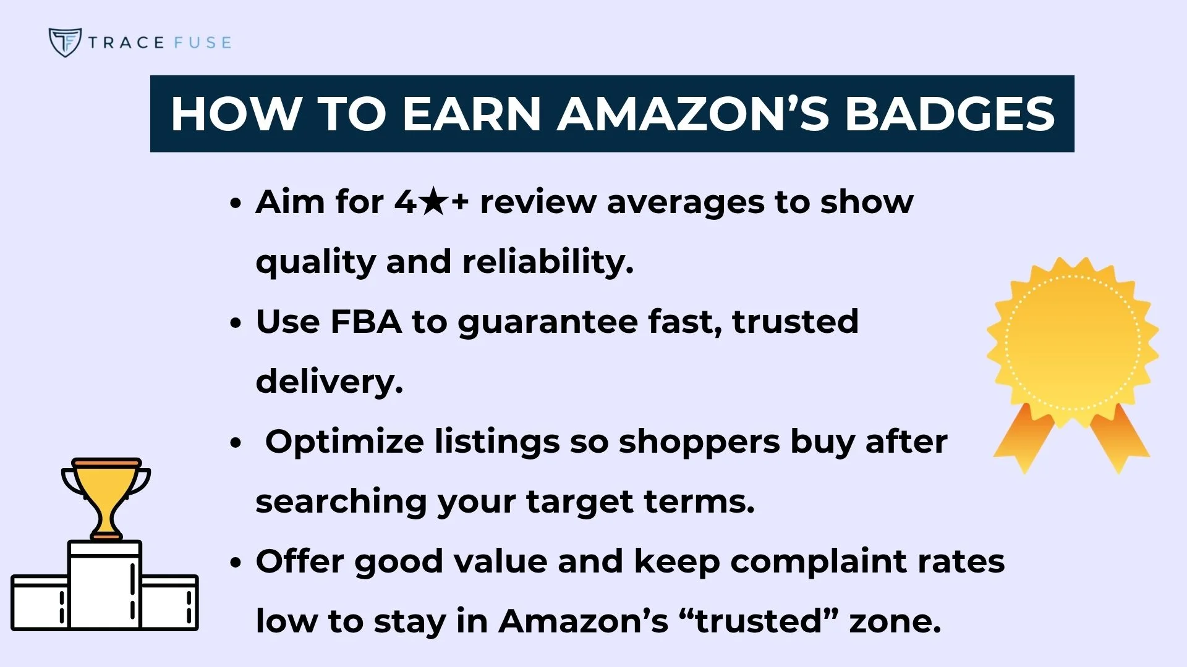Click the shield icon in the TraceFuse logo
point(64,42)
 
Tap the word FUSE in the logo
point(202,43)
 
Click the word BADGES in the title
point(950,114)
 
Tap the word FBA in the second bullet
point(365,322)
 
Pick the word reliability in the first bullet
point(548,262)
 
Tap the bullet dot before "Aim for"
point(235,203)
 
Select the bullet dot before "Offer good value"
point(235,563)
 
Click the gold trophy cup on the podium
point(106,494)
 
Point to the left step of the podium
point(38,602)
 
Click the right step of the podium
point(169,602)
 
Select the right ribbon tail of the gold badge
point(1119,437)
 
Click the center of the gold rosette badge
point(1072,343)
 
